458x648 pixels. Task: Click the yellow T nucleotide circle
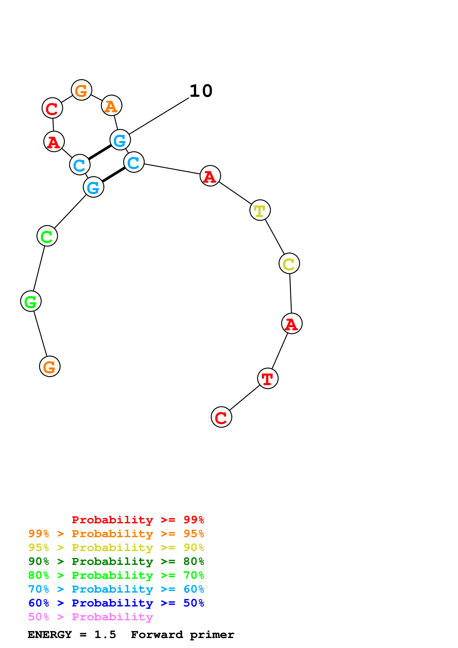tap(260, 210)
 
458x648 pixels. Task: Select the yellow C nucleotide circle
tap(289, 263)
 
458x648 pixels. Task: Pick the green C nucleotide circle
tap(47, 236)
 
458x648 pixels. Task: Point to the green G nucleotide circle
tap(31, 301)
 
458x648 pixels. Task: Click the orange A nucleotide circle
tap(111, 105)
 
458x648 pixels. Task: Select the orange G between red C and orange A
tap(81, 90)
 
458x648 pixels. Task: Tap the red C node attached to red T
tap(222, 417)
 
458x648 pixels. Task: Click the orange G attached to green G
tap(50, 366)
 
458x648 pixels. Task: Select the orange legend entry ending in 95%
tap(116, 534)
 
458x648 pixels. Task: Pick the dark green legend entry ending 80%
tap(116, 561)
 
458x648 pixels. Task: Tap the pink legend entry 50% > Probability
tap(91, 617)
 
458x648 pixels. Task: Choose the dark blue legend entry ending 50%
tap(116, 603)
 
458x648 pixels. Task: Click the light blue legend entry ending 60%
tap(116, 589)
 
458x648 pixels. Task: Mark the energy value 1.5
tap(105, 635)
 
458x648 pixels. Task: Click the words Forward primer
tap(182, 635)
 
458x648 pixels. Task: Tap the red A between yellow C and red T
tap(292, 323)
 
